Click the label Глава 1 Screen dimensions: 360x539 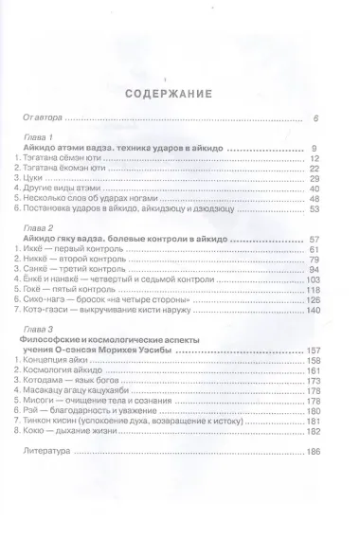38,136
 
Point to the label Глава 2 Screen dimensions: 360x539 38,227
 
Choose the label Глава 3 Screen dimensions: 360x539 38,329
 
